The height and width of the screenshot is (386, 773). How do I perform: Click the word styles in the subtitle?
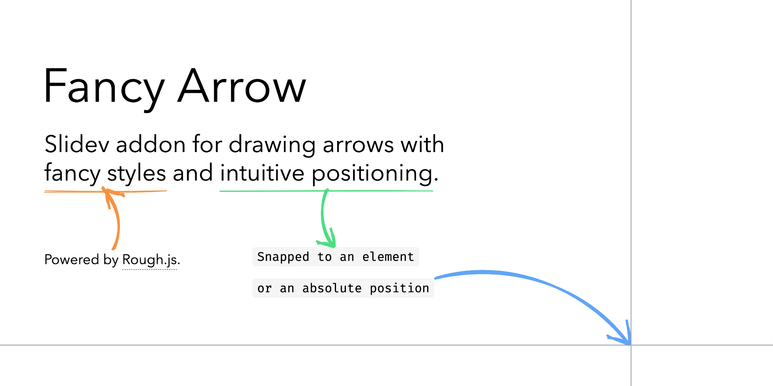136,173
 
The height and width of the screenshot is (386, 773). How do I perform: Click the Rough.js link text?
150,260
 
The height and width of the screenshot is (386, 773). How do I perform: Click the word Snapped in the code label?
283,257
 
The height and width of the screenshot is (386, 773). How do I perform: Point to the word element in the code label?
388,257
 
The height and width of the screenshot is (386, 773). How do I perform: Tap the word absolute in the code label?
332,288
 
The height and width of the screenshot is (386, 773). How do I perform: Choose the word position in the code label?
400,289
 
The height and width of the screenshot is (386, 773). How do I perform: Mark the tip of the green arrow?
334,247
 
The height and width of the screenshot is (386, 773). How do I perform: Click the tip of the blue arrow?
630,345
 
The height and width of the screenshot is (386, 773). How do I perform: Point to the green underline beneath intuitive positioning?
326,191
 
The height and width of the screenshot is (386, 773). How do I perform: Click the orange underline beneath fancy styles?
105,191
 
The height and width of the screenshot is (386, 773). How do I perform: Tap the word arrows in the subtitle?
358,145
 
